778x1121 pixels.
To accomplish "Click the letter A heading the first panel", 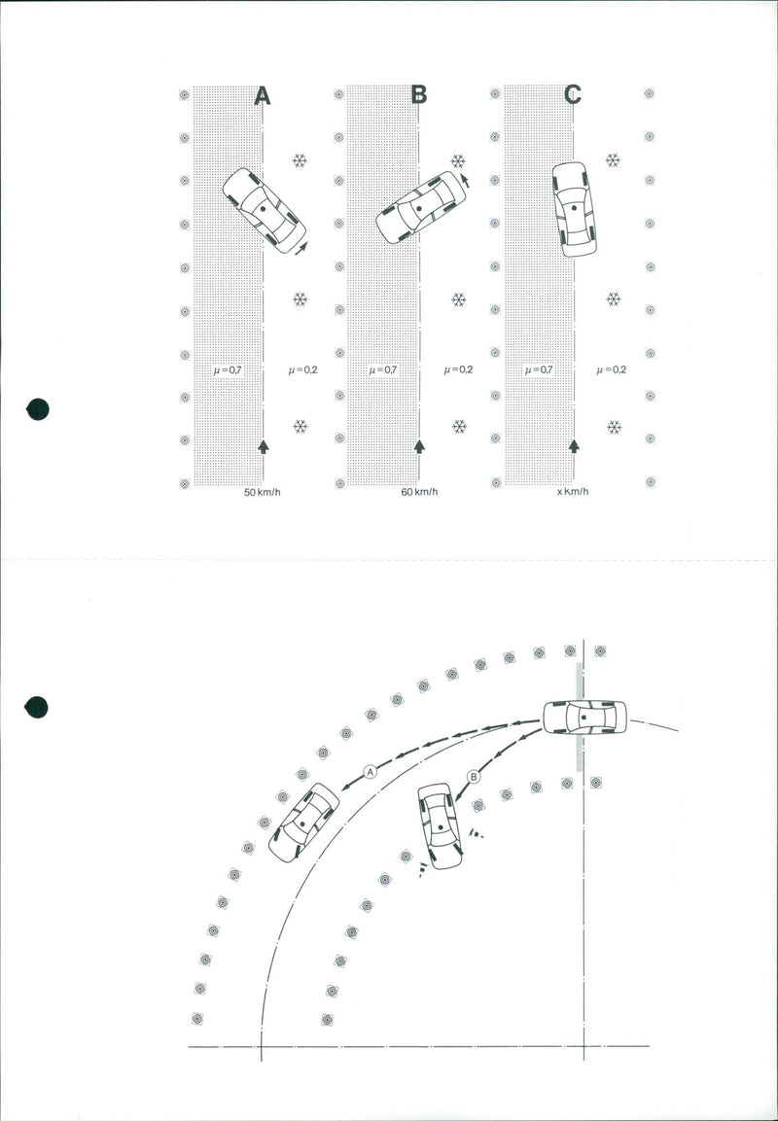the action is (263, 95).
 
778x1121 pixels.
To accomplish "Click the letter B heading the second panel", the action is (419, 94).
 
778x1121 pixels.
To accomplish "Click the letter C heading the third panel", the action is (573, 94).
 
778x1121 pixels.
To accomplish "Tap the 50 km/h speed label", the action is (263, 493).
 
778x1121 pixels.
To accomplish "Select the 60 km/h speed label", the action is (420, 492).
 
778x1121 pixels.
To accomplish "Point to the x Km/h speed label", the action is (573, 492).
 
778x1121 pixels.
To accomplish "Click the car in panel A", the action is (264, 210).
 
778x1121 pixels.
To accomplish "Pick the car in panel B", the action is (421, 207).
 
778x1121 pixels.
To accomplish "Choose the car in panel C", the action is (574, 209).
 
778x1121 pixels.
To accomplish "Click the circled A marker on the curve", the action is (370, 771).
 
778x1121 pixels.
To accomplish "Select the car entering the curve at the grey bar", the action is (584, 718).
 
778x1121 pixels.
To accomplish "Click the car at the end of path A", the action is (303, 823).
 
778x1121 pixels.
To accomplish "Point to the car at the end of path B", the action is (440, 825).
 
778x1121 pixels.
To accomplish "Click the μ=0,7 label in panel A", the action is (228, 370).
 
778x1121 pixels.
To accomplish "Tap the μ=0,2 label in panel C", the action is (612, 369).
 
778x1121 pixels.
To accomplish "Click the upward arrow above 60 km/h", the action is (419, 446).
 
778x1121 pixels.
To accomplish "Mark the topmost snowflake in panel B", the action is (458, 161).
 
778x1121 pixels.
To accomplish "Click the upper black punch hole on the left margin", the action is (37, 409).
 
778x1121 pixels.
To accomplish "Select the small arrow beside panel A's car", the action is (301, 247).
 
